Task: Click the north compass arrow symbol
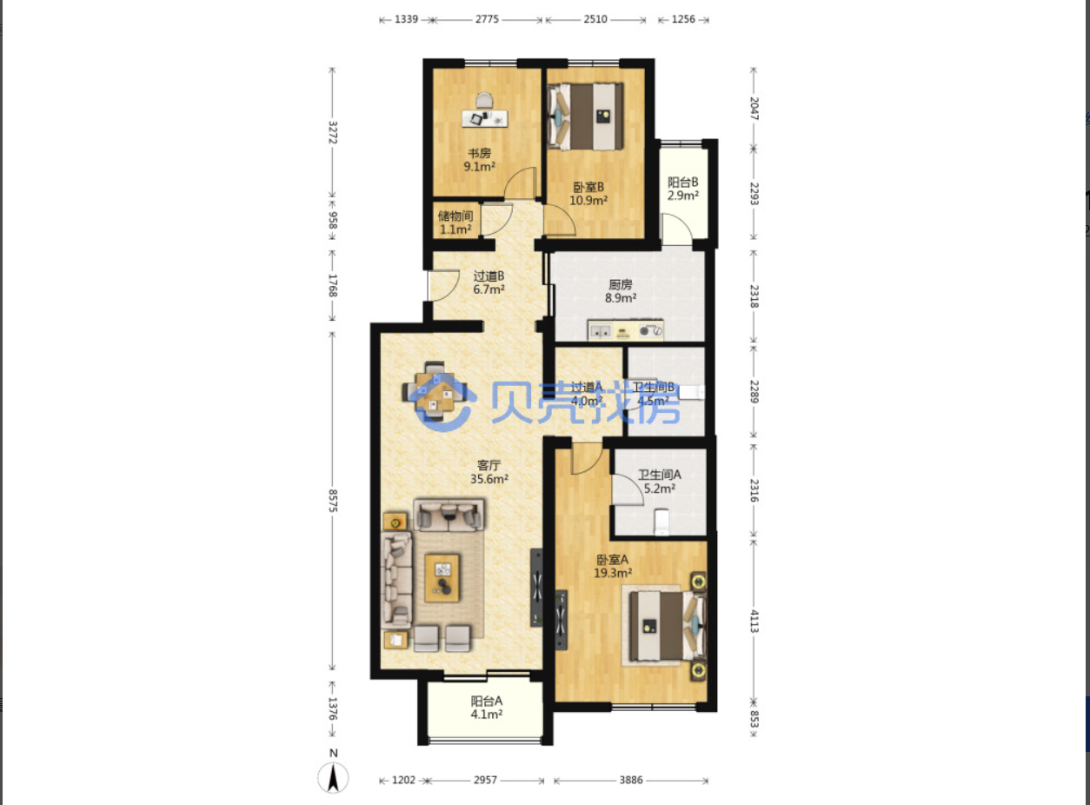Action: pos(333,777)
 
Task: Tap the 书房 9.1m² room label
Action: pos(479,160)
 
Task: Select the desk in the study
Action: pos(484,118)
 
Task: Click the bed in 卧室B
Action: pos(585,116)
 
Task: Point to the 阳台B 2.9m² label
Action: pos(682,189)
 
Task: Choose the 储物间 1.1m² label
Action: pos(455,223)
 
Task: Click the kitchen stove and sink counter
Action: pos(626,330)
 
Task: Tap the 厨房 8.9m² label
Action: pos(621,291)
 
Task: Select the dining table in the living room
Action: pos(435,391)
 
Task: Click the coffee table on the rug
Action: pos(442,578)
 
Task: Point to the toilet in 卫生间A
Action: pos(661,522)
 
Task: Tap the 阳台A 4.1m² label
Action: pos(486,708)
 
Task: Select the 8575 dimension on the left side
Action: pos(333,501)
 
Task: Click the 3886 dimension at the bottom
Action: pos(631,780)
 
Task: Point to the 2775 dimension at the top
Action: pos(487,19)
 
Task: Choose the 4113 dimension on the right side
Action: pos(754,622)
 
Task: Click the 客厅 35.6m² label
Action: pos(489,472)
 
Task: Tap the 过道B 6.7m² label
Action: pos(489,283)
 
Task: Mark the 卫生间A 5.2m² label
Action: pos(660,482)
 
